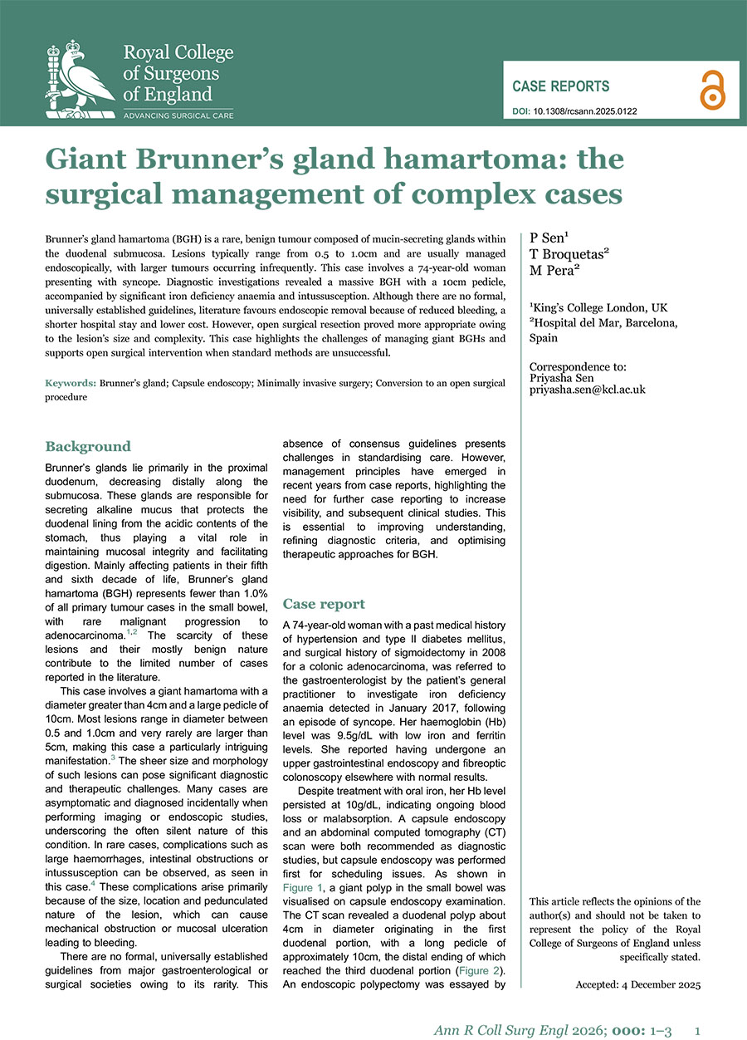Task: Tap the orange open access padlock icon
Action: click(711, 88)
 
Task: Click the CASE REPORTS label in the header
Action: click(560, 86)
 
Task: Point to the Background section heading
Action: click(87, 446)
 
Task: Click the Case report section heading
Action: click(324, 604)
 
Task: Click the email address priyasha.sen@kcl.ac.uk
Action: click(588, 389)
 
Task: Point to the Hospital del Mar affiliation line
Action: click(603, 324)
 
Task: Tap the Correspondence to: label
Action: click(578, 365)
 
